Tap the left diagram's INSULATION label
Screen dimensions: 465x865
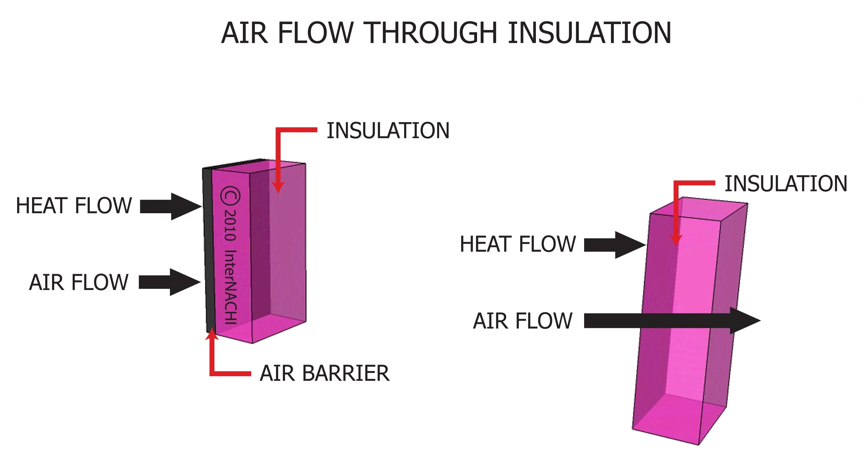388,131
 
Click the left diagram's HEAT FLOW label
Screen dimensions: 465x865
74,206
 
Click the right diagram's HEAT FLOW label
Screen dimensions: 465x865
518,244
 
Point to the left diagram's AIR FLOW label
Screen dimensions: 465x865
79,282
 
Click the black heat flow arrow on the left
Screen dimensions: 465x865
170,206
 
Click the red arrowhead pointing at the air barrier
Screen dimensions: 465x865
212,334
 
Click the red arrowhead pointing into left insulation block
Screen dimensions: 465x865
278,187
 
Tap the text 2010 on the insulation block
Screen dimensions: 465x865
230,225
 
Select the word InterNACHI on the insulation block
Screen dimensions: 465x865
231,287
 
